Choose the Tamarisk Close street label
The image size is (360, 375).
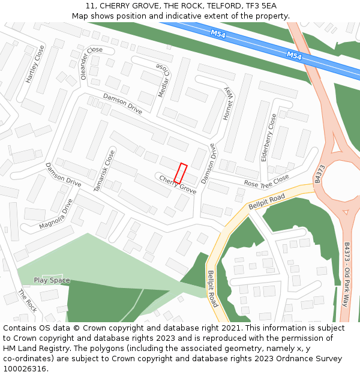pos(104,171)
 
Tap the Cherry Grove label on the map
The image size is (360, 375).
pos(178,184)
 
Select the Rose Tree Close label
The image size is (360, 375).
pos(266,181)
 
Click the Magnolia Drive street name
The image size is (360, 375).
pos(56,214)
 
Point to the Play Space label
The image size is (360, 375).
pos(52,280)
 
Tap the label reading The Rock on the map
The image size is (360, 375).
pos(28,300)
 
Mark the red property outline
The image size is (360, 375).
pos(181,173)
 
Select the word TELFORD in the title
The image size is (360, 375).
pos(209,6)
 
